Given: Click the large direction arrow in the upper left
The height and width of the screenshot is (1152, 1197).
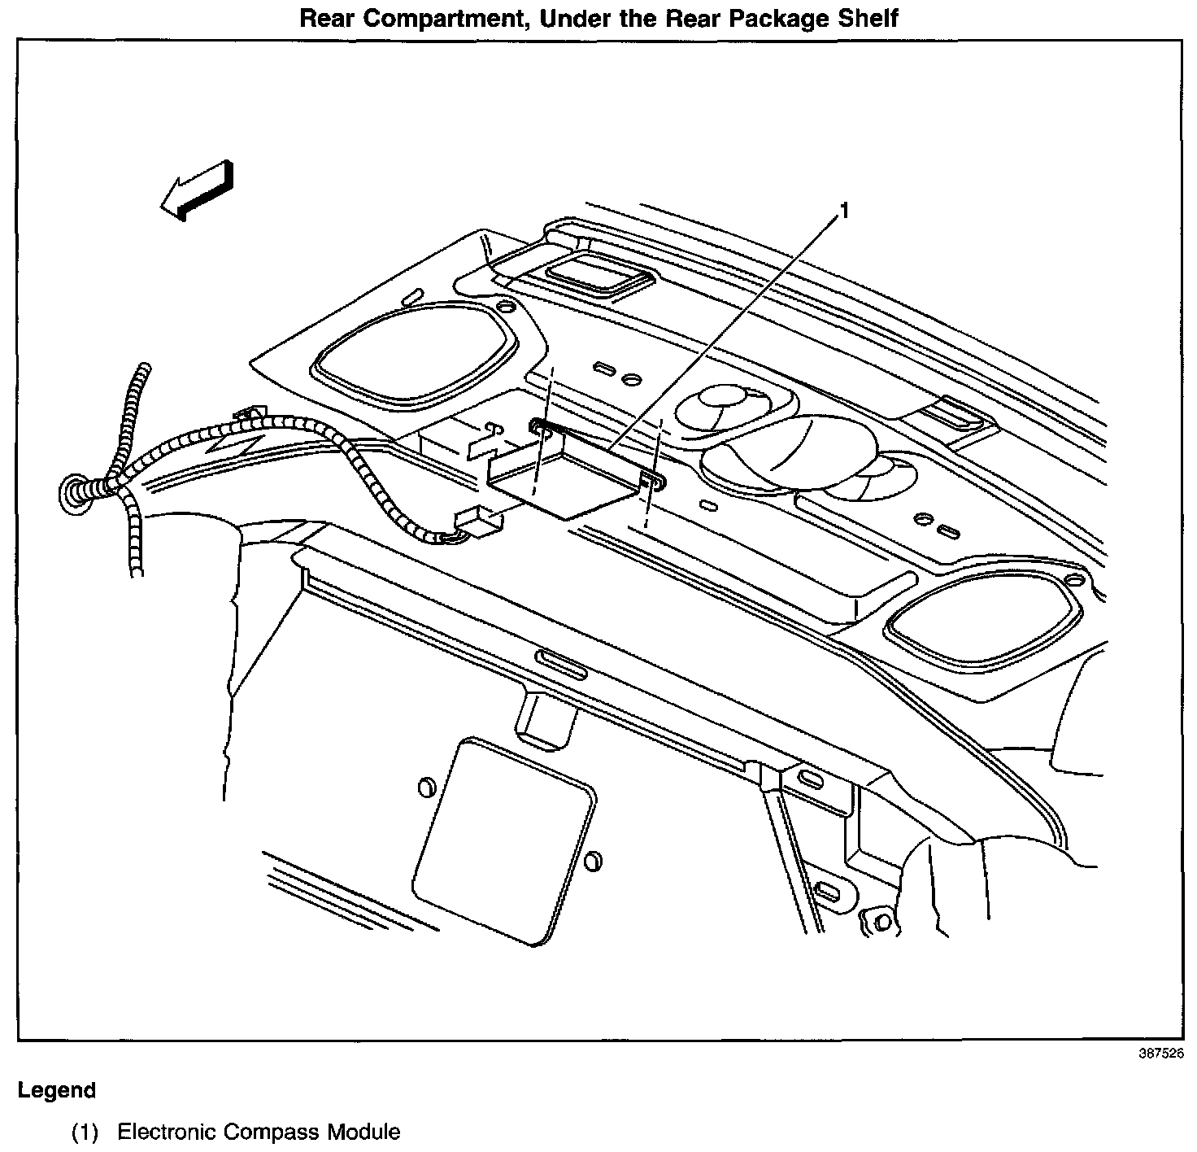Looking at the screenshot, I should pyautogui.click(x=198, y=190).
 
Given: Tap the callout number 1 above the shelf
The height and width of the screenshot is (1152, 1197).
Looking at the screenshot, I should pyautogui.click(x=844, y=212).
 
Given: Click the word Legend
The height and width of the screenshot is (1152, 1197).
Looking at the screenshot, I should pyautogui.click(x=57, y=1090).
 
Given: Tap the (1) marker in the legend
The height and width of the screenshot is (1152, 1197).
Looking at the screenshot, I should pyautogui.click(x=85, y=1132).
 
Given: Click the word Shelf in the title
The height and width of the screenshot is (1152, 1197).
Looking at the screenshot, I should pyautogui.click(x=868, y=18).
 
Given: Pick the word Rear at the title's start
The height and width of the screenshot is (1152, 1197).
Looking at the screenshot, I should pyautogui.click(x=327, y=18).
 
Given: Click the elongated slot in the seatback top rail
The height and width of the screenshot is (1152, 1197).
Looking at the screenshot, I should pyautogui.click(x=561, y=664).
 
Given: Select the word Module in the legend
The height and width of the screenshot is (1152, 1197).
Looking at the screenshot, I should pyautogui.click(x=363, y=1132).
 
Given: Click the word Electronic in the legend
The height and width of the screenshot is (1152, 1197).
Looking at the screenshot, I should pyautogui.click(x=166, y=1132).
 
